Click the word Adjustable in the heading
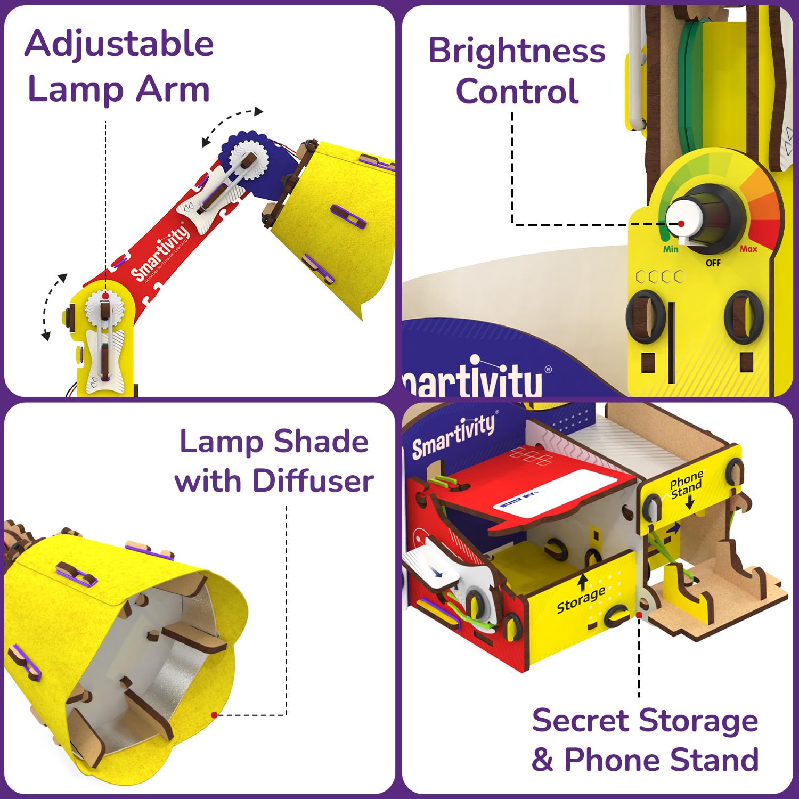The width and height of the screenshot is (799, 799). [119, 44]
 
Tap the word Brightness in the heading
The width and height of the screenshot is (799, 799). [517, 51]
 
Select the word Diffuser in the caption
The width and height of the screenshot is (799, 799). [313, 480]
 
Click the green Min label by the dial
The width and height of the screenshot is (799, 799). [671, 249]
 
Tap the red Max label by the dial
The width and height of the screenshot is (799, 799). [748, 249]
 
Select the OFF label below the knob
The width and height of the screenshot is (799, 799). [713, 263]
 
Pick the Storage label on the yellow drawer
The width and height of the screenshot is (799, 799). [581, 600]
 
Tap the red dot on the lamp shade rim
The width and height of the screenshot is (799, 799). [214, 715]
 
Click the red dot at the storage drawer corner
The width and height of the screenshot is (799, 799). [639, 615]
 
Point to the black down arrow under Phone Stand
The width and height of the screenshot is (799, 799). [690, 502]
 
